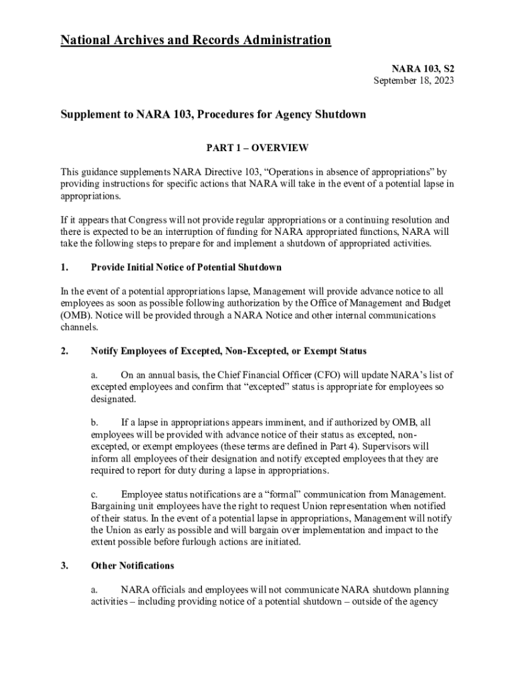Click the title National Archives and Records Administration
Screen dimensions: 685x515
click(x=195, y=41)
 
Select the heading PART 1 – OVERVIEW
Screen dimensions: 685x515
click(x=257, y=147)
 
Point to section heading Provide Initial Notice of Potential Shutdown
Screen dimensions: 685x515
click(x=186, y=268)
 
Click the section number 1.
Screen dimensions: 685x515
click(x=64, y=268)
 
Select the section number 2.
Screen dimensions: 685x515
click(x=64, y=351)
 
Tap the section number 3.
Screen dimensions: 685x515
click(x=64, y=566)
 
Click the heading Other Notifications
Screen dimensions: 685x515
click(x=132, y=566)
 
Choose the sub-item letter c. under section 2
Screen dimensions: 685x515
click(x=95, y=494)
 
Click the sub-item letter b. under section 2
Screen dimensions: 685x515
click(x=95, y=422)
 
